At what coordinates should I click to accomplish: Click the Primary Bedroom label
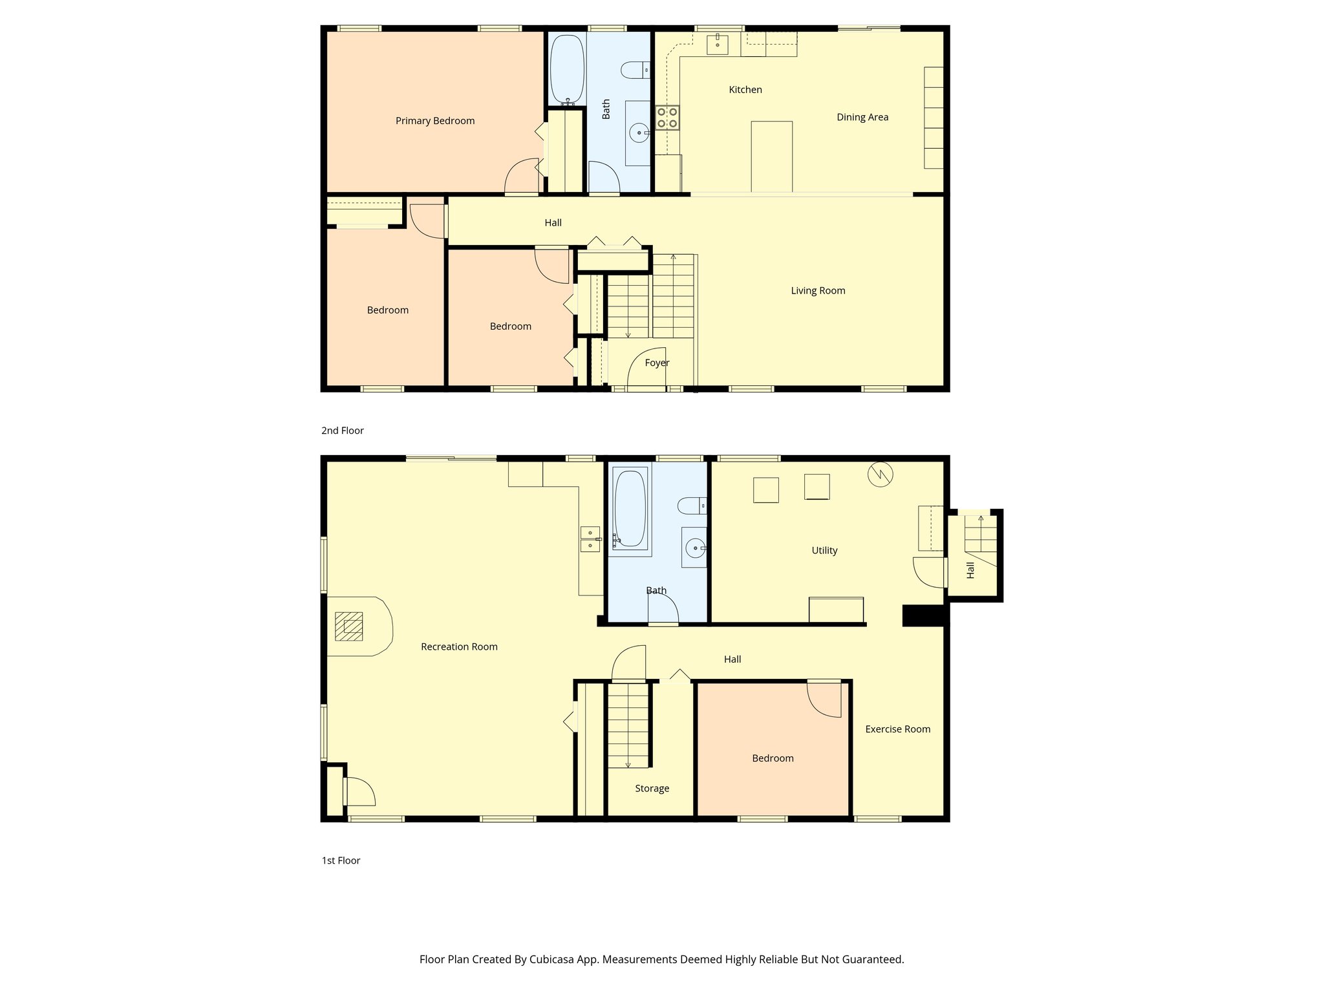(434, 121)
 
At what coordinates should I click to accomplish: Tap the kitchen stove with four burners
(667, 117)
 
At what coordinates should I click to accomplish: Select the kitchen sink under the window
(717, 45)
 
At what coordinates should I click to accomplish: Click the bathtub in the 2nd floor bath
(567, 69)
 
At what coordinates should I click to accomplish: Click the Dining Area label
(862, 117)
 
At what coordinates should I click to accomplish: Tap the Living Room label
(818, 291)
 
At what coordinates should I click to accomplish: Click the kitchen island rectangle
(771, 156)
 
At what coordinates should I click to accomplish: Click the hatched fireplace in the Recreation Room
(349, 626)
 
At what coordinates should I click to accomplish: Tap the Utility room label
(824, 551)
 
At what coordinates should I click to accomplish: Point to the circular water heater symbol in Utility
(880, 475)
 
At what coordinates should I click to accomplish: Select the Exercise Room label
(897, 729)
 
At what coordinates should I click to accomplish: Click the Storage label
(652, 789)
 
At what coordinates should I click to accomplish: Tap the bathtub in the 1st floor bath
(630, 508)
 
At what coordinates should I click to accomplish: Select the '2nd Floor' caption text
(343, 431)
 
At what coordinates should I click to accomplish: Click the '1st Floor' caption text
(341, 860)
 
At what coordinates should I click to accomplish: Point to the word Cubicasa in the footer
(553, 959)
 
